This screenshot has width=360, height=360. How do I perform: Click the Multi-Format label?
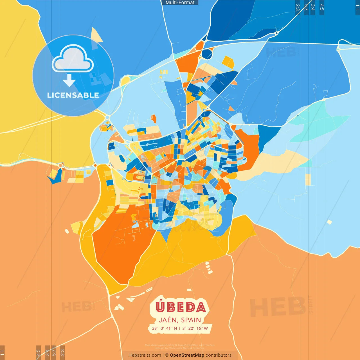180,3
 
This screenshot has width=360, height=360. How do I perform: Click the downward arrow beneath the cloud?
69,81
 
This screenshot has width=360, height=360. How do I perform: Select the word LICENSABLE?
73,95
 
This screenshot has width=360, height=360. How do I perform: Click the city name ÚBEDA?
181,307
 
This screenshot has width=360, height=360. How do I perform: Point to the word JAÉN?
168,320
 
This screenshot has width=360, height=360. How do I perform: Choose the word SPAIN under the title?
191,320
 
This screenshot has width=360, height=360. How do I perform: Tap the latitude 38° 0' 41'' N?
165,328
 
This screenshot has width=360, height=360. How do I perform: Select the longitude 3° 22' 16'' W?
195,328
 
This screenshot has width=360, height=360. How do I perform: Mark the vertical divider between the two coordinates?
180,328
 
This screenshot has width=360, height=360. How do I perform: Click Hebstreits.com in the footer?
145,355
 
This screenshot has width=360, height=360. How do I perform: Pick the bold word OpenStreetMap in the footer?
187,355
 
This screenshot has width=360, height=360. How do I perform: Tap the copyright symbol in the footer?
167,355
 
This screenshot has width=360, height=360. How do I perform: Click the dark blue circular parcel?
207,54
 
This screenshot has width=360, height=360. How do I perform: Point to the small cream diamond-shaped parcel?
329,222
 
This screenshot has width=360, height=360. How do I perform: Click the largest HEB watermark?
277,307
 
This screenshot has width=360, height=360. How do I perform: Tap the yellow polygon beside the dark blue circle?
228,62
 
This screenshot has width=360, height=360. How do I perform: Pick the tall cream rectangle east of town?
308,179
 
